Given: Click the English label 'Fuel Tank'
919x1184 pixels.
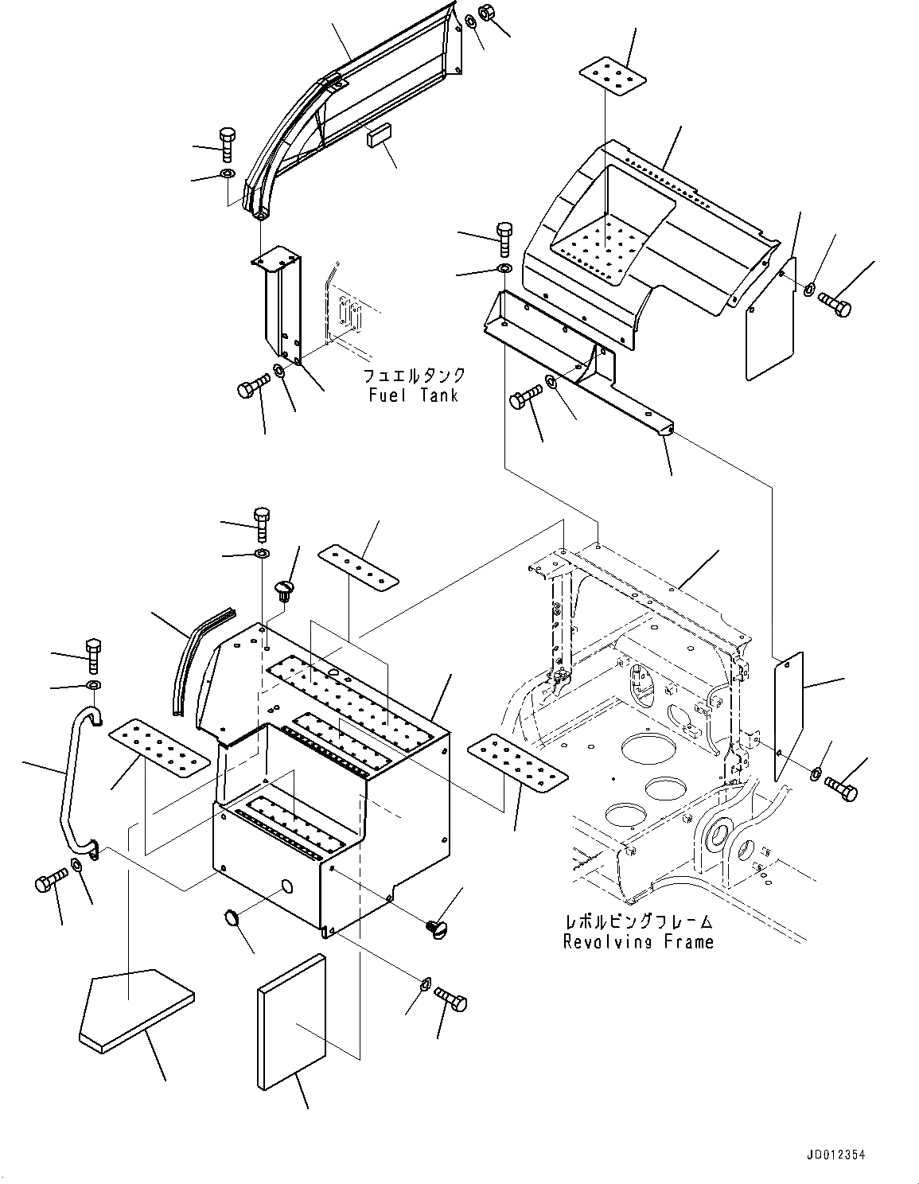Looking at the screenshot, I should coord(413,395).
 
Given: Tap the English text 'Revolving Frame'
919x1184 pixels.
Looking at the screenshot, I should coord(638,942).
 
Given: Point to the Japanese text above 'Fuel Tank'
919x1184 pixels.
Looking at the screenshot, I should coord(414,376).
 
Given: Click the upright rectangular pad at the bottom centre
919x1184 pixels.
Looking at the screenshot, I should coord(292,1022).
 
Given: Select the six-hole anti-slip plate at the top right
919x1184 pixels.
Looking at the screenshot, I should coord(610,76).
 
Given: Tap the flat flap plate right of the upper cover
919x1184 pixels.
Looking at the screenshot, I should coord(770,318).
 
